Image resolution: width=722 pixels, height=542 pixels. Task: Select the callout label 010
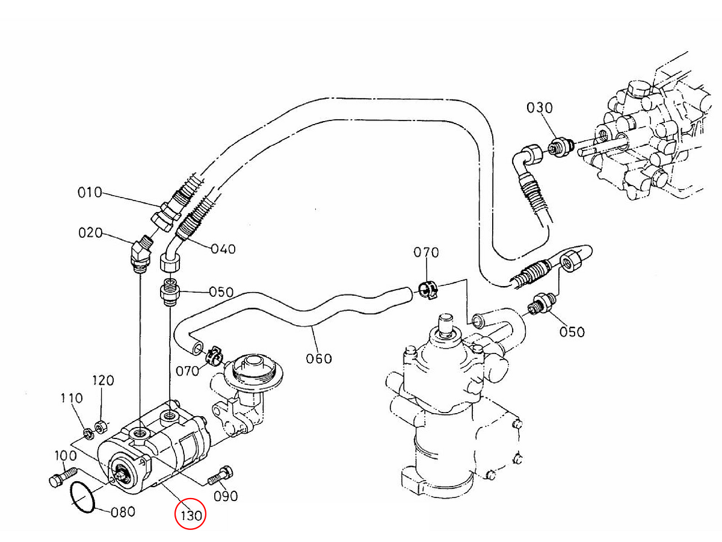pyautogui.click(x=90, y=193)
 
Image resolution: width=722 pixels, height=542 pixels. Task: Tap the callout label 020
pyautogui.click(x=90, y=232)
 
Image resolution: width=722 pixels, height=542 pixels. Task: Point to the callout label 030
pyautogui.click(x=539, y=108)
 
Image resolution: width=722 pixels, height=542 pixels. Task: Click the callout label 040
pyautogui.click(x=223, y=249)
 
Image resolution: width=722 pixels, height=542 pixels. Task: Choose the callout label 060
pyautogui.click(x=319, y=358)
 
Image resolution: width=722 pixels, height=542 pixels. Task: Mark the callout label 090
pyautogui.click(x=226, y=496)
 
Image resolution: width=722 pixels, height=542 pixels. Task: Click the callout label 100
pyautogui.click(x=66, y=455)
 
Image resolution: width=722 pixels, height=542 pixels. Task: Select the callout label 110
pyautogui.click(x=71, y=398)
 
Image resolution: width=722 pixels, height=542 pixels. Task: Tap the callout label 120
pyautogui.click(x=102, y=381)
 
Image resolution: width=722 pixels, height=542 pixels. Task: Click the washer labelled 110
pyautogui.click(x=87, y=431)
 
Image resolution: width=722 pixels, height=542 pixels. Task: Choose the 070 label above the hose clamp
pyautogui.click(x=426, y=253)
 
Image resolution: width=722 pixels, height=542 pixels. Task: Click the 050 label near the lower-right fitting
pyautogui.click(x=572, y=332)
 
